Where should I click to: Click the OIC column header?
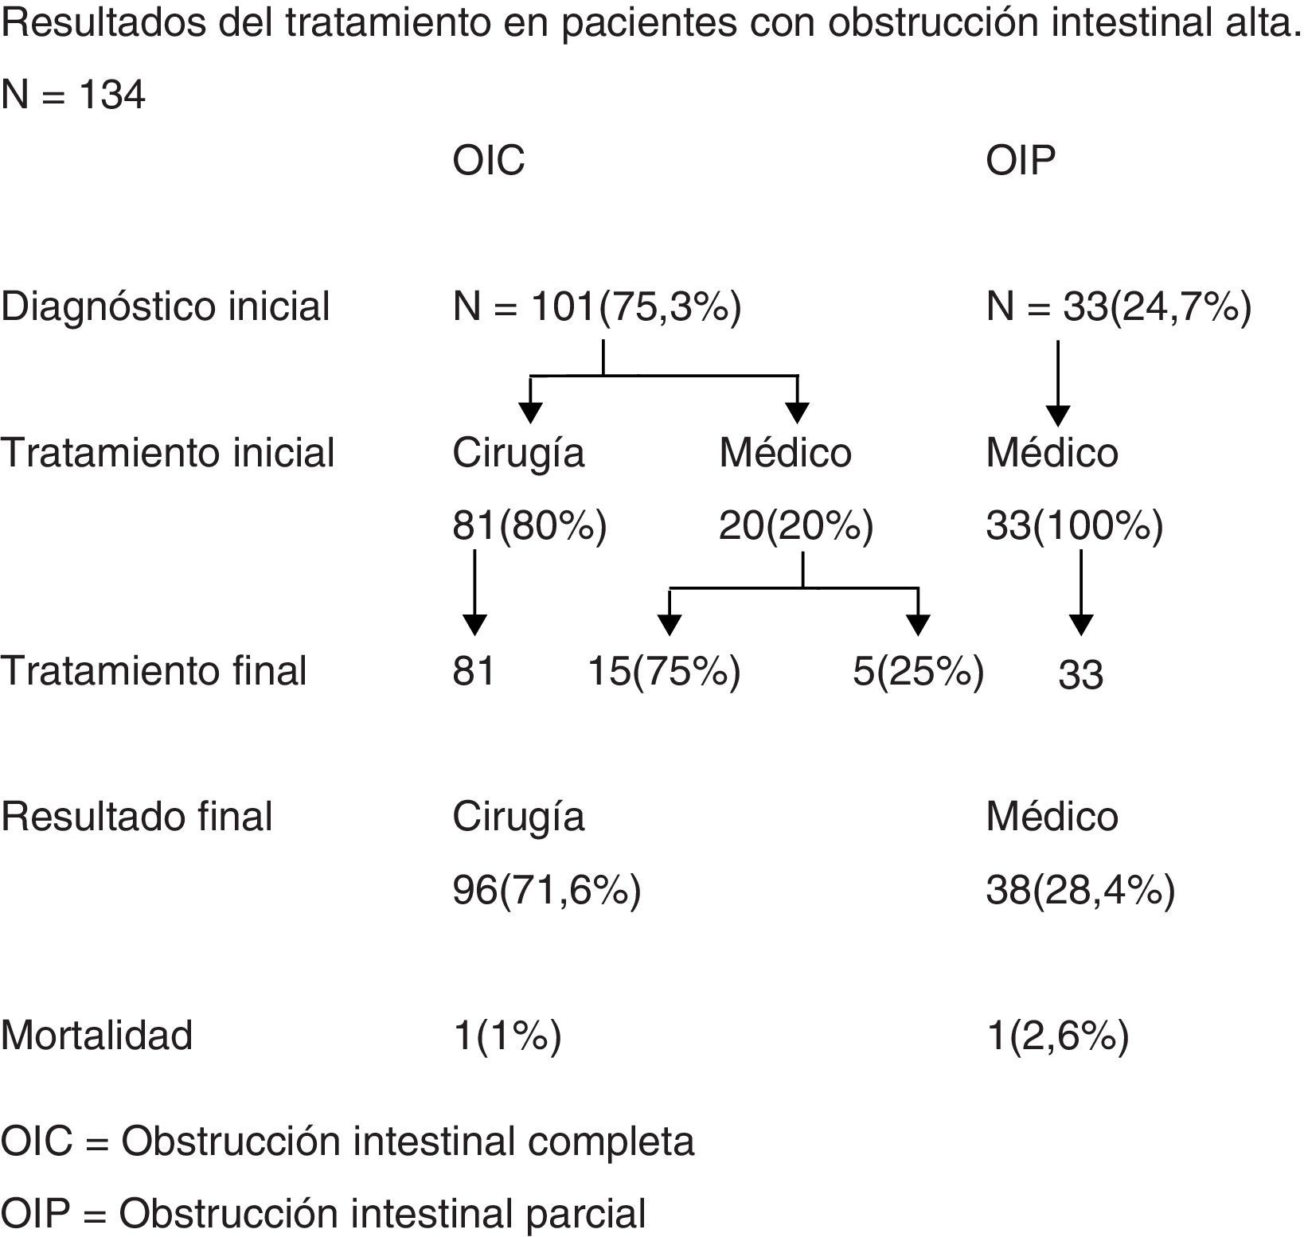point(489,162)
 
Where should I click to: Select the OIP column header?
point(1021,162)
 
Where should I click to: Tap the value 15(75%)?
point(664,672)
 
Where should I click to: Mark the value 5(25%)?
point(919,672)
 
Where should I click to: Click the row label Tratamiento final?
point(154,672)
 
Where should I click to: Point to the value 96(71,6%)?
point(547,891)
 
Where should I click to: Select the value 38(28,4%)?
point(1080,891)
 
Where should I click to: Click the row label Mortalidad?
point(96,1036)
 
